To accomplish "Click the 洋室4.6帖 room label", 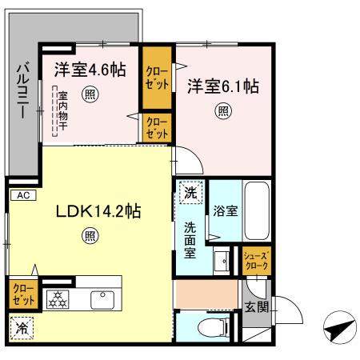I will coord(90,69).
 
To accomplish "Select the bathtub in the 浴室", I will coord(257,211).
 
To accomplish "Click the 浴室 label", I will coord(225,211).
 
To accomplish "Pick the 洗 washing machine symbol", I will coord(190,193).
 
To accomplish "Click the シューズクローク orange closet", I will coord(257,260).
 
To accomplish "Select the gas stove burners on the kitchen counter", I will coord(58,299).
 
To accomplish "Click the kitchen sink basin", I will coord(103,300).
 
